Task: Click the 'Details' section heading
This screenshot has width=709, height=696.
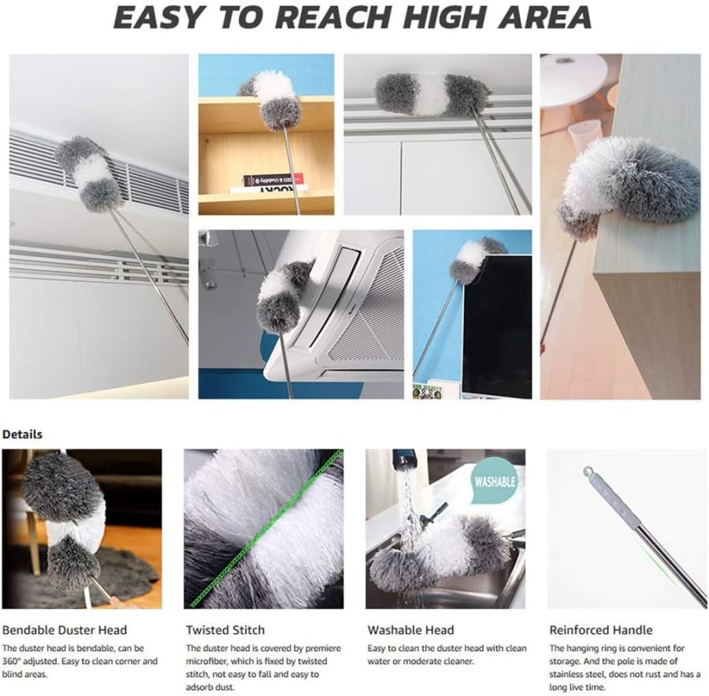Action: [22, 434]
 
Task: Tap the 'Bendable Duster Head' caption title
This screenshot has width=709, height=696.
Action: [65, 630]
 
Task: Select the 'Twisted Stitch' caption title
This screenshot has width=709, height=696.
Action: [225, 630]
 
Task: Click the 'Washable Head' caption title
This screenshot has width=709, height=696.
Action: [410, 630]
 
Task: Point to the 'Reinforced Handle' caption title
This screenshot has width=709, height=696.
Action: [601, 630]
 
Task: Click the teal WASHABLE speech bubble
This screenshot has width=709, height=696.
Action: [495, 481]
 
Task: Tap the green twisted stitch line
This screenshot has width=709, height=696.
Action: [268, 528]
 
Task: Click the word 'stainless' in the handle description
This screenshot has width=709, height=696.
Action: [573, 675]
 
